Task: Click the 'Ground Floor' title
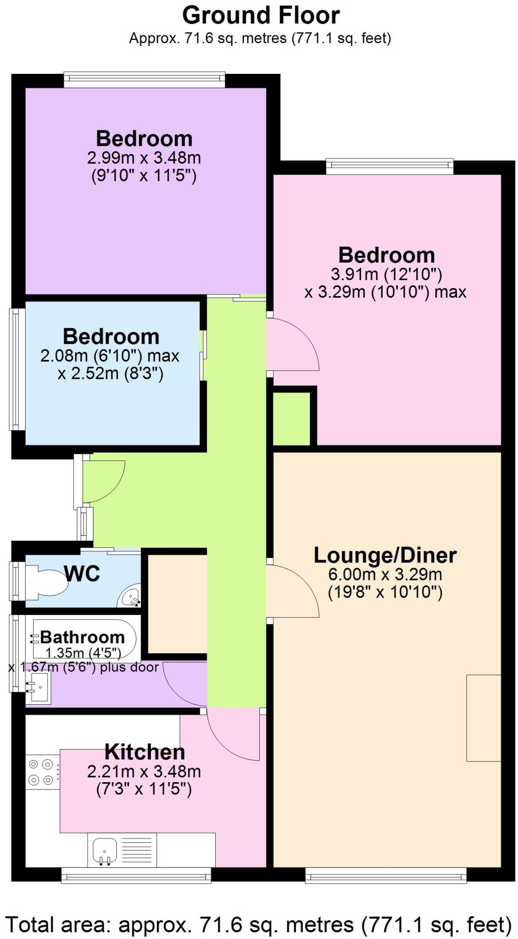pos(261,16)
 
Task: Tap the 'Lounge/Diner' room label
pos(385,555)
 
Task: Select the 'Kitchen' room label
pos(145,752)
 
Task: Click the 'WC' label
pos(82,573)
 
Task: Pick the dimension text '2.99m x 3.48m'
pos(144,158)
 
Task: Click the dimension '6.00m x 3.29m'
pos(385,574)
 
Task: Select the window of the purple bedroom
pos(145,80)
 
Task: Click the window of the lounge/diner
pos(386,876)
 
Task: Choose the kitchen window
pos(136,876)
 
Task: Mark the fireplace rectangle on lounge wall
pos(484,718)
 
